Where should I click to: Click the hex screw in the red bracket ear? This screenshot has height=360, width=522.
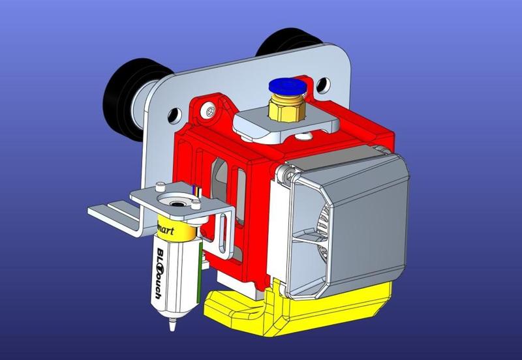[209, 111]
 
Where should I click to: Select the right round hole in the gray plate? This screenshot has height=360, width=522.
[322, 84]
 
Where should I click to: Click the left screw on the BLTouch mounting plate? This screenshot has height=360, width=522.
[159, 190]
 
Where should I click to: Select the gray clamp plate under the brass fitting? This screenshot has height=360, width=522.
[287, 124]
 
